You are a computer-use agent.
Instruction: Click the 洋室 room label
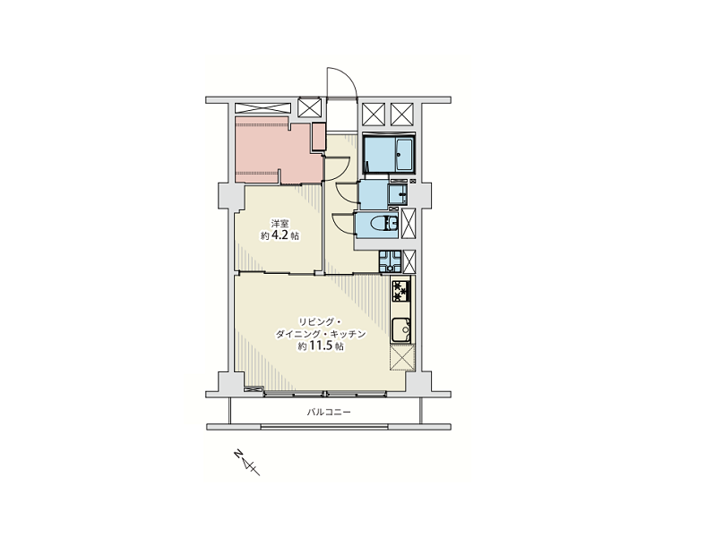click(280, 225)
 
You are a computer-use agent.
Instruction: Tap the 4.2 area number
click(281, 235)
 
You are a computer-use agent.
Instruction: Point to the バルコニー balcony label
click(329, 412)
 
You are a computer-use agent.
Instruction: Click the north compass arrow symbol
click(247, 462)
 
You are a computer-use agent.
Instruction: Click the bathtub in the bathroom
click(405, 154)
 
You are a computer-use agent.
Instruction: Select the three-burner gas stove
click(400, 291)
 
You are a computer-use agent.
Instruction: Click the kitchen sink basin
click(400, 330)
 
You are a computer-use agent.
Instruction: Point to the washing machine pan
click(390, 261)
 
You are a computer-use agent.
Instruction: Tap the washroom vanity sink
click(398, 196)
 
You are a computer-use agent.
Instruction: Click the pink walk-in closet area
click(278, 149)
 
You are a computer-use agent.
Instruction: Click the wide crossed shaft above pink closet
click(263, 108)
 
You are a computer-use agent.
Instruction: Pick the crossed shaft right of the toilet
click(409, 224)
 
